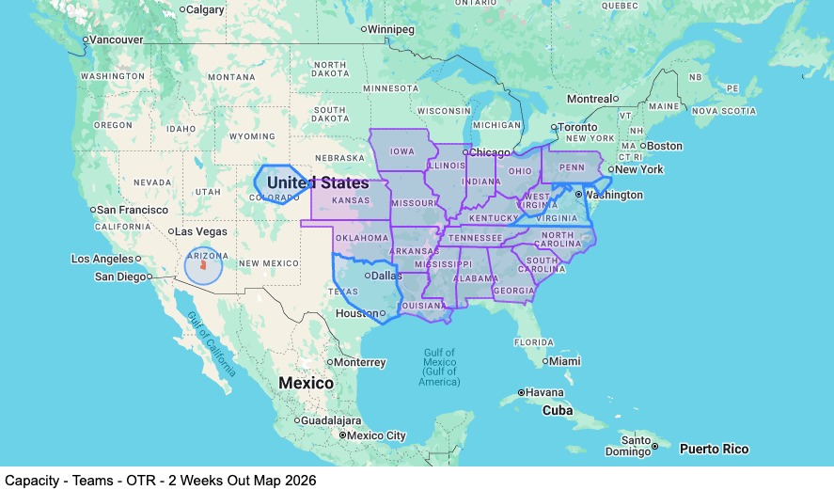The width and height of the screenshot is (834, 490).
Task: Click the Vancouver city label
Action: (x=116, y=40)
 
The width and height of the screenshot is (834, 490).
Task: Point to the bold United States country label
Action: (x=317, y=182)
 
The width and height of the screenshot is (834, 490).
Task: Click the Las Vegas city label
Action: (x=201, y=231)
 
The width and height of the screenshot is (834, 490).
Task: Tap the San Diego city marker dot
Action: (x=149, y=277)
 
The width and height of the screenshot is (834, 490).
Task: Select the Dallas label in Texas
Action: (x=386, y=276)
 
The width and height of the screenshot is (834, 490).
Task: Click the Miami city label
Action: (x=566, y=361)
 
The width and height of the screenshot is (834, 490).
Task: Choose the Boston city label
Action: (x=664, y=146)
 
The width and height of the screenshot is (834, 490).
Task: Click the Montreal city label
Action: (x=589, y=99)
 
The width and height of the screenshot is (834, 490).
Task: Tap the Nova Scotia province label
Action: (x=723, y=111)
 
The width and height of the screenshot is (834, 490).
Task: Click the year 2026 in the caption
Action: (x=299, y=480)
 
